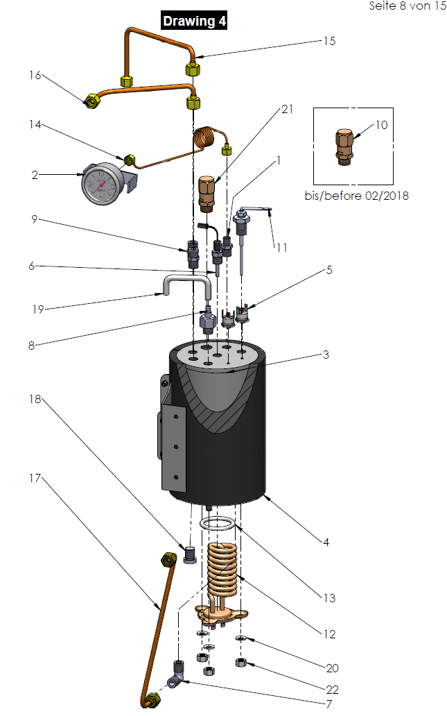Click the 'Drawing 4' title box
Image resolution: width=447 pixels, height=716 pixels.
tap(193, 22)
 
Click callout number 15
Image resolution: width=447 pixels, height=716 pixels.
tap(329, 41)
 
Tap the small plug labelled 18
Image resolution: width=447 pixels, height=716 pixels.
tap(191, 554)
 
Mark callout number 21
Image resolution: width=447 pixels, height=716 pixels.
tap(288, 110)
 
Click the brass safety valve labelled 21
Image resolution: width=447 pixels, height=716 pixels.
tap(207, 193)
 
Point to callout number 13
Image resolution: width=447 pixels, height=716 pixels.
tap(328, 597)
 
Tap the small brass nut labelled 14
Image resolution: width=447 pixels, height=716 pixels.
tap(129, 160)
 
